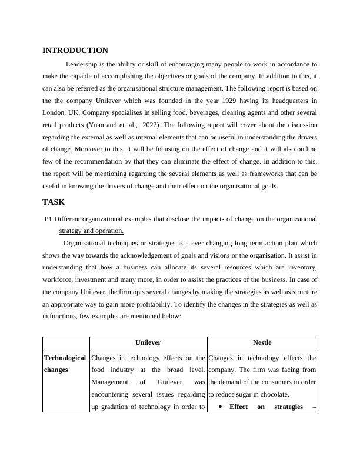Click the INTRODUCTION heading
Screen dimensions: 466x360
(75, 51)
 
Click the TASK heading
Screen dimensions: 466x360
(54, 202)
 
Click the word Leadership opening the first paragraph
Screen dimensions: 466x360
(82, 64)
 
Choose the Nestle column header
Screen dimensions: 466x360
(262, 342)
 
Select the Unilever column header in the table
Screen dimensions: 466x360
(148, 342)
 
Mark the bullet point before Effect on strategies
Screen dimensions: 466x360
(220, 407)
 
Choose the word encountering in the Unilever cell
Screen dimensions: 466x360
(115, 395)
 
